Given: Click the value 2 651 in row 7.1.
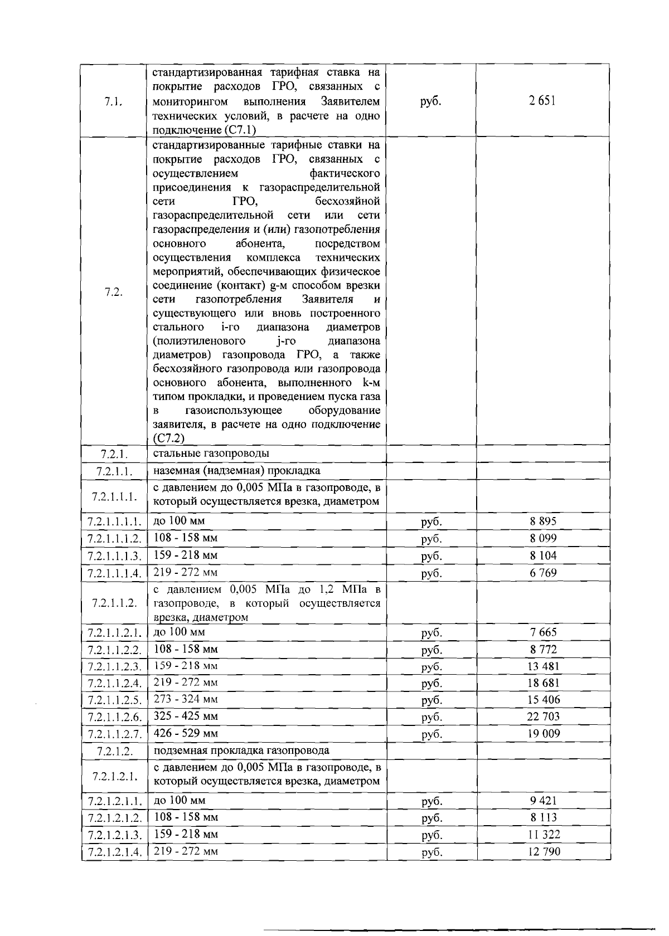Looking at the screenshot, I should coord(543,101).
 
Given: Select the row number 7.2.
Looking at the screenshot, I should coord(114,293).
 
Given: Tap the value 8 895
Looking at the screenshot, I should coord(543,521).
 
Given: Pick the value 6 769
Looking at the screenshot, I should coord(543,573).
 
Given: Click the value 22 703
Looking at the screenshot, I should coord(543,716).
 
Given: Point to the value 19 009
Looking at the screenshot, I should coord(543,734).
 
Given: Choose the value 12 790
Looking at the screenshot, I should coord(543,851).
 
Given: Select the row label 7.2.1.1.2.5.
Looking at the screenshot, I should coord(114,700).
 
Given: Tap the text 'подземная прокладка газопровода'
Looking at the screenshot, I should coord(241,750).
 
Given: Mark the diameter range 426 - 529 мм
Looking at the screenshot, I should coord(186,733).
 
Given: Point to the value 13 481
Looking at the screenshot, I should coord(543,666).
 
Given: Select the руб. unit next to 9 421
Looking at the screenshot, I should coord(431,801).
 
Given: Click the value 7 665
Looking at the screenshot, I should coord(543,632).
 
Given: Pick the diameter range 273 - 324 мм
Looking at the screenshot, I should coord(186,699).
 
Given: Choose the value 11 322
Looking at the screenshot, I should coord(543,835).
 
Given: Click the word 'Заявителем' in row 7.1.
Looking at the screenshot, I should coord(351,101).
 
